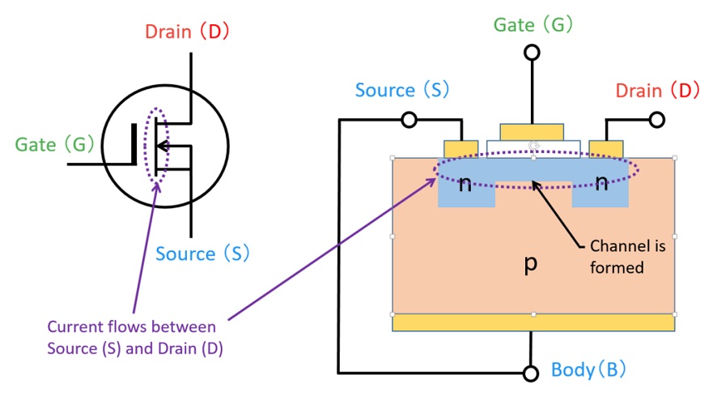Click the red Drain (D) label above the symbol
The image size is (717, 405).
click(188, 32)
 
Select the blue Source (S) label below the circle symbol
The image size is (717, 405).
click(202, 254)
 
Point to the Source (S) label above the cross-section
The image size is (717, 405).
click(402, 89)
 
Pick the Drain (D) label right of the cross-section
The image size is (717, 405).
click(658, 90)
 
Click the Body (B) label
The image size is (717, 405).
click(588, 371)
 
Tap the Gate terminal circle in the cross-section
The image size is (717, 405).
click(532, 53)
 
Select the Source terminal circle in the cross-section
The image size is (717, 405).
click(409, 120)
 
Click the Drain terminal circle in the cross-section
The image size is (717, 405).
click(657, 120)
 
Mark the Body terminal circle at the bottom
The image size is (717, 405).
click(532, 373)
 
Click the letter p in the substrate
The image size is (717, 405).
click(531, 264)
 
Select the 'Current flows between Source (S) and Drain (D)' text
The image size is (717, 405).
click(132, 338)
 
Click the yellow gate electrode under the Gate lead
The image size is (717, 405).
click(532, 132)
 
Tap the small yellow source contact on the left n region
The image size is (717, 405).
click(462, 148)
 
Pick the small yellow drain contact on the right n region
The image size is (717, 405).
click(605, 148)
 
